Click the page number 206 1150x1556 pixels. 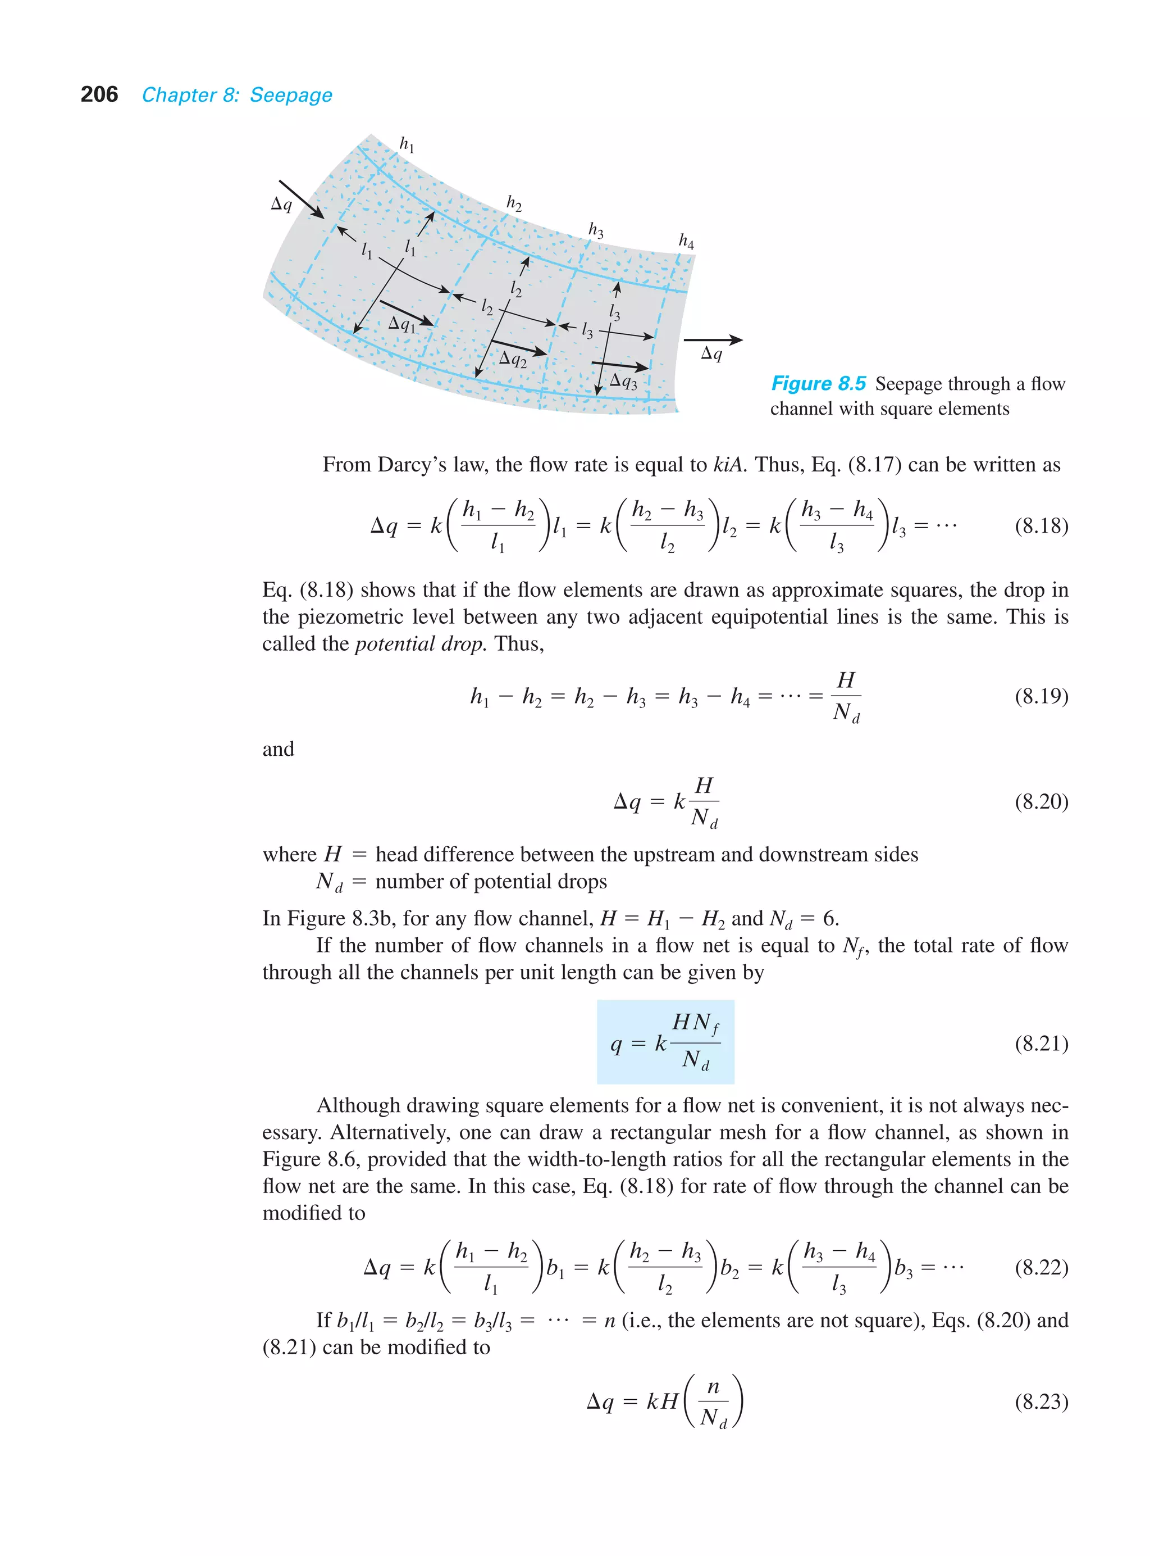pyautogui.click(x=99, y=95)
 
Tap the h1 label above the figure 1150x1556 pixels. pyautogui.click(x=407, y=144)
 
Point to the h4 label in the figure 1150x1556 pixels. pyautogui.click(x=686, y=241)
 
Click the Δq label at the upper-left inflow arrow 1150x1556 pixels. pyautogui.click(x=281, y=204)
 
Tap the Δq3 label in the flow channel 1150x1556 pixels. pyautogui.click(x=623, y=381)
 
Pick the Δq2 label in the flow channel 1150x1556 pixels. pyautogui.click(x=513, y=360)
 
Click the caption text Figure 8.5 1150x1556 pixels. pyautogui.click(x=818, y=384)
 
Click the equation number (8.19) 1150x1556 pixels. pyautogui.click(x=1041, y=696)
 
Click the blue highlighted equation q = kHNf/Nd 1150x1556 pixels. pyautogui.click(x=665, y=1042)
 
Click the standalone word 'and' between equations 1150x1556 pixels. pyautogui.click(x=278, y=750)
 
